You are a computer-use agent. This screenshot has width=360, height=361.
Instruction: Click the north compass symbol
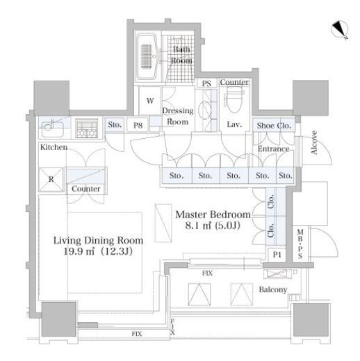pyautogui.click(x=340, y=30)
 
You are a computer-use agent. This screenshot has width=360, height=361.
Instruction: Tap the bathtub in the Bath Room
pyautogui.click(x=147, y=57)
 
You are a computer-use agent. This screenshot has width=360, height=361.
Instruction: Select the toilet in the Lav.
pyautogui.click(x=234, y=99)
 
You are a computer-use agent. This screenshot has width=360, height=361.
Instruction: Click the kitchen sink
pyautogui.click(x=52, y=128)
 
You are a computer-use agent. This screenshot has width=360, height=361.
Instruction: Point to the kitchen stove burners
pyautogui.click(x=87, y=128)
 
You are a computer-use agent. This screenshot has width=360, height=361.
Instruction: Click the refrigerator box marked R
pyautogui.click(x=51, y=179)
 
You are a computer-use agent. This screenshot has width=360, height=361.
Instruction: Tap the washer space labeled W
pyautogui.click(x=150, y=101)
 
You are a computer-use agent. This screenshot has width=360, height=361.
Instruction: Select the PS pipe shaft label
pyautogui.click(x=206, y=83)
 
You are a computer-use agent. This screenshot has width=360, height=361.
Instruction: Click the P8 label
pyautogui.click(x=138, y=126)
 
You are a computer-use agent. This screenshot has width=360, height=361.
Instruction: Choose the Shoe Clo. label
pyautogui.click(x=274, y=126)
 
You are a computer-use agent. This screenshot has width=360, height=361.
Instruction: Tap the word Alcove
pyautogui.click(x=314, y=142)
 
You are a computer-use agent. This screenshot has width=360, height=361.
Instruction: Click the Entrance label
pyautogui.click(x=274, y=149)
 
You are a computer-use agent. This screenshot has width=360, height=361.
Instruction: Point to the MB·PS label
pyautogui.click(x=300, y=244)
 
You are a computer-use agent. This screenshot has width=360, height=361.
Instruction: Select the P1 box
pyautogui.click(x=277, y=255)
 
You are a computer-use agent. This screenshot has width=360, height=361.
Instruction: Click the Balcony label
pyautogui.click(x=273, y=289)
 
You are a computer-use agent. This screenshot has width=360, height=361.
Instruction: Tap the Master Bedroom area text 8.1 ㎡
pyautogui.click(x=198, y=226)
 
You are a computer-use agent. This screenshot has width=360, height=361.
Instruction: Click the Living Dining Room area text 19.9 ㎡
pyautogui.click(x=79, y=251)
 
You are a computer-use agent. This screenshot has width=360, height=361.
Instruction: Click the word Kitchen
pyautogui.click(x=54, y=147)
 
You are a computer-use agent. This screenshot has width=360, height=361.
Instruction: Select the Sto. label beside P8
pyautogui.click(x=115, y=125)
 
